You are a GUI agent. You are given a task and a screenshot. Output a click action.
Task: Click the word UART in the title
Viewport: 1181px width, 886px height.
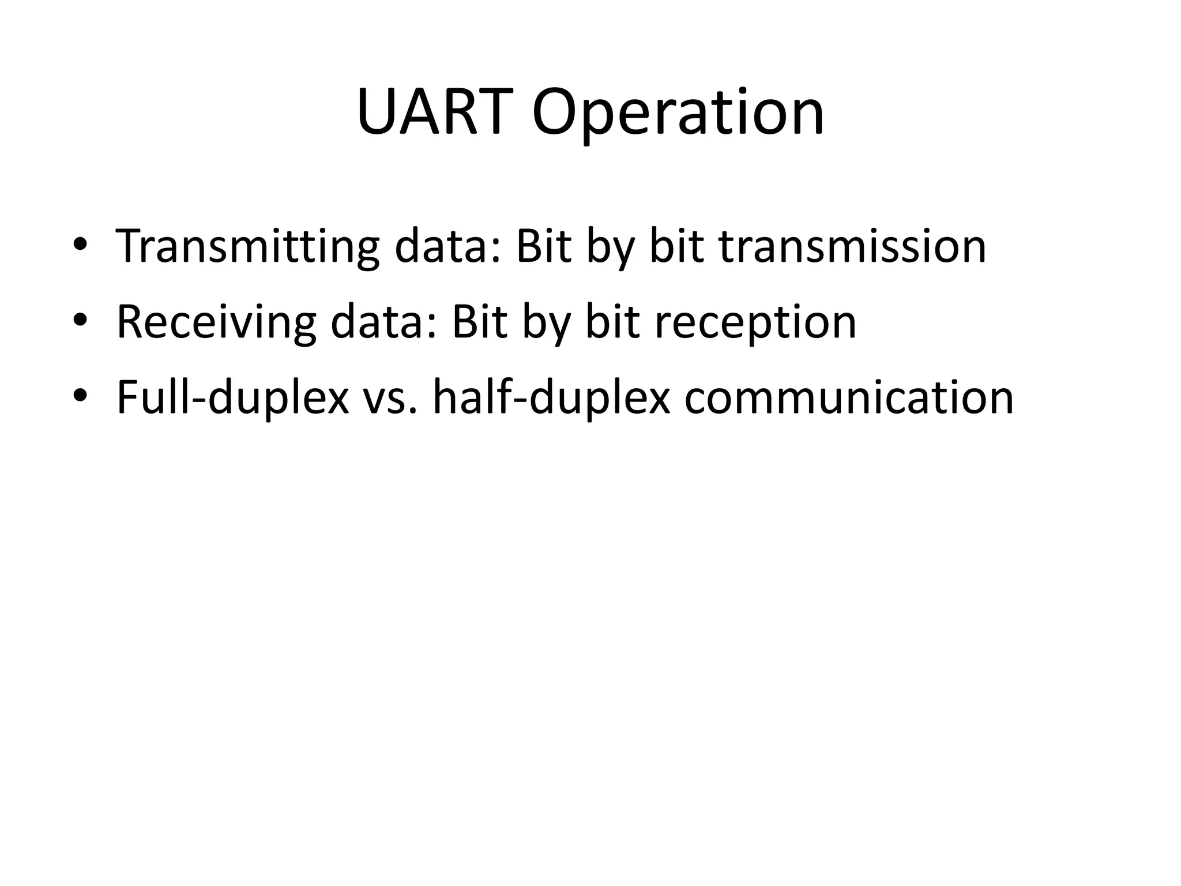pos(435,112)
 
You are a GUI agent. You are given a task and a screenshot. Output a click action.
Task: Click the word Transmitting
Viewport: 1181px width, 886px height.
pos(247,247)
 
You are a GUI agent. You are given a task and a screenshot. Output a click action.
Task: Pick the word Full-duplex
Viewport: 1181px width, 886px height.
pos(232,398)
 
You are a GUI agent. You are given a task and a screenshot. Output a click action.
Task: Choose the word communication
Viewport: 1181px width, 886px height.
pos(849,398)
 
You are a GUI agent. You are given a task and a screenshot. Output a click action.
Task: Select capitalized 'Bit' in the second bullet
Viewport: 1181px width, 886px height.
pos(479,323)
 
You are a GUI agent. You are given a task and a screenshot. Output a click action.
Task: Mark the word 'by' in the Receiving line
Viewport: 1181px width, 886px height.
pos(546,323)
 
